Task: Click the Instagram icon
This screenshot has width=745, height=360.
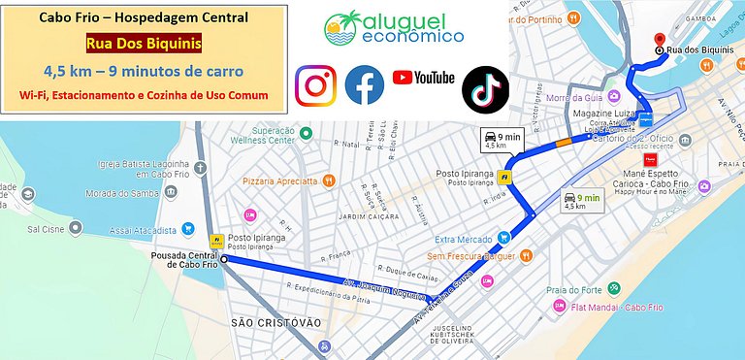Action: coord(315,85)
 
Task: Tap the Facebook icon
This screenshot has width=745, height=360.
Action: coord(365,85)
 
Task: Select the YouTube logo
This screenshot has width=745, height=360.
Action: coord(423,78)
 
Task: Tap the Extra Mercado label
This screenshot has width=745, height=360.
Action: coord(460,239)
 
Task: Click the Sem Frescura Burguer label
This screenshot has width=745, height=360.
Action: coord(473,256)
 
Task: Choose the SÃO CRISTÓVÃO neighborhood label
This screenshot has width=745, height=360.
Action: coord(276,321)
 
